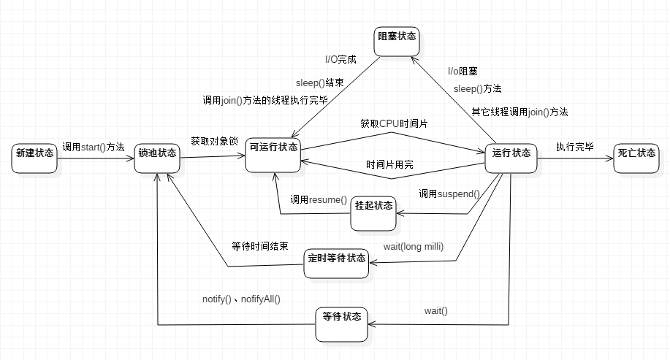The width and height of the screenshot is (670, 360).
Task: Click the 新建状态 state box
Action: coord(34,155)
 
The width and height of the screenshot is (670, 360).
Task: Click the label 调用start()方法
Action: coord(94,146)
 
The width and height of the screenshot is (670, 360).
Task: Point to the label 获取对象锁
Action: coord(214,140)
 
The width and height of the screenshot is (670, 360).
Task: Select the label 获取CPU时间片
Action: coord(394,123)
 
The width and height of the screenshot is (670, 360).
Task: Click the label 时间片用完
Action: coord(389,165)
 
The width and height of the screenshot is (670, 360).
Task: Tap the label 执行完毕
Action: coord(575,146)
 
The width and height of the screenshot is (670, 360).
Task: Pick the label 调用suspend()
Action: coord(449,194)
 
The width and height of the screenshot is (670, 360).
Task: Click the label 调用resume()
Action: coord(319,199)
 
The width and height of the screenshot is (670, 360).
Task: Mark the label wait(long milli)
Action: coord(414,245)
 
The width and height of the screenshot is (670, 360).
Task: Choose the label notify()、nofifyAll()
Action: coord(242,299)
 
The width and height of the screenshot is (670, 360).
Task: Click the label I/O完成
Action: coord(340,58)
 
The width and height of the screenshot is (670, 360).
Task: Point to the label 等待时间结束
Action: coord(259,246)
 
